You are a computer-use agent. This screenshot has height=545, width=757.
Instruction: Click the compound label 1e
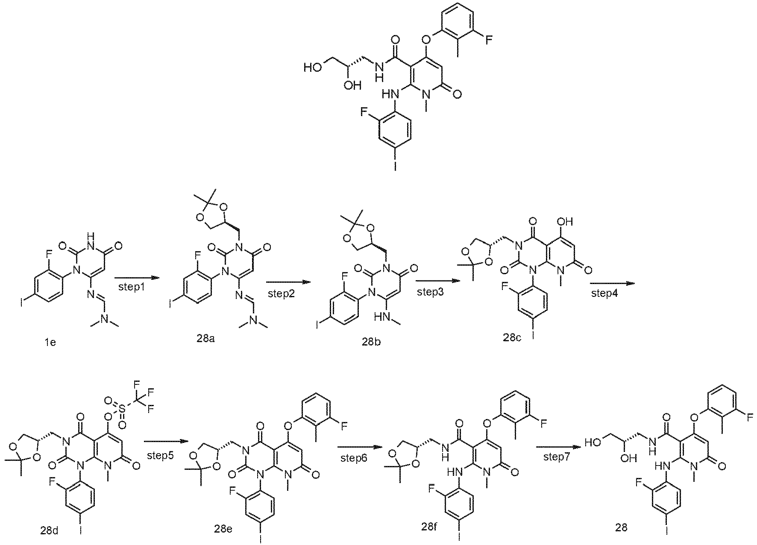click(50, 343)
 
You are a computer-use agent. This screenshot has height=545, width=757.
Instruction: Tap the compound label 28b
click(368, 343)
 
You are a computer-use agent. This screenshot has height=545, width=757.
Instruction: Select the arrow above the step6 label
click(359, 447)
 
